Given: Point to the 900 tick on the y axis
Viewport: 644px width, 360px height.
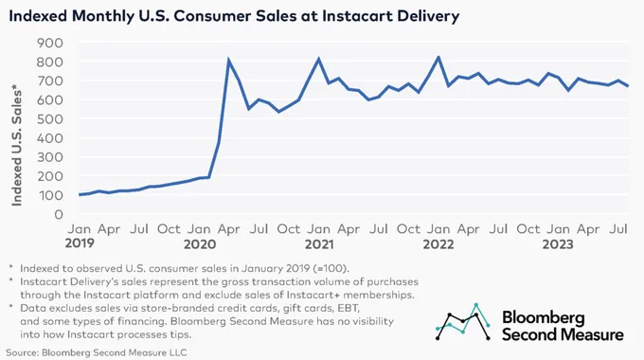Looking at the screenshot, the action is (x=49, y=43).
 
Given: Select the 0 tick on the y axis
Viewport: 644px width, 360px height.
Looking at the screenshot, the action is (x=59, y=214).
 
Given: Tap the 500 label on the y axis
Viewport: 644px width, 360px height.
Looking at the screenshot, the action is (x=49, y=118).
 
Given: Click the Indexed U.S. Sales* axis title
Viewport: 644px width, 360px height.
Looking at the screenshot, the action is (x=16, y=145).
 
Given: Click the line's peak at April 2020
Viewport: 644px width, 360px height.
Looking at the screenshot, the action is (x=228, y=60).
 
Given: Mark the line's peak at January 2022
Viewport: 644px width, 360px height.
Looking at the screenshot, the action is (x=438, y=57).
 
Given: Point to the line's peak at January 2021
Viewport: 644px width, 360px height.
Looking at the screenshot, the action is (x=319, y=59).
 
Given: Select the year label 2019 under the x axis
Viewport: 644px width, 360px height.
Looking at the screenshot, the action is (x=80, y=243).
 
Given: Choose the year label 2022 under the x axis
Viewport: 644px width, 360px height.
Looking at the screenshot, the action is (x=438, y=244).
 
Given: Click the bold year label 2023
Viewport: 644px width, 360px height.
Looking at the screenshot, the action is (x=558, y=244).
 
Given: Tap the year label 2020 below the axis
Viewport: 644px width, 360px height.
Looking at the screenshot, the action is (x=200, y=244).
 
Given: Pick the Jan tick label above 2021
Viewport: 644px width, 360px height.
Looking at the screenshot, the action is (x=319, y=229).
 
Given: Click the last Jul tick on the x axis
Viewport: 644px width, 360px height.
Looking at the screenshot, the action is (x=618, y=229).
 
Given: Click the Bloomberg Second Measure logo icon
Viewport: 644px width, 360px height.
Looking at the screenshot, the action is (x=463, y=322).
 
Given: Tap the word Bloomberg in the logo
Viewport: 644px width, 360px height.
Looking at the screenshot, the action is (x=543, y=317).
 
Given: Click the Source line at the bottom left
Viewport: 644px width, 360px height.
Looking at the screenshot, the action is (x=96, y=352).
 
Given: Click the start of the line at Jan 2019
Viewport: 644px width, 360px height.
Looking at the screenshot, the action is (x=80, y=194).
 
